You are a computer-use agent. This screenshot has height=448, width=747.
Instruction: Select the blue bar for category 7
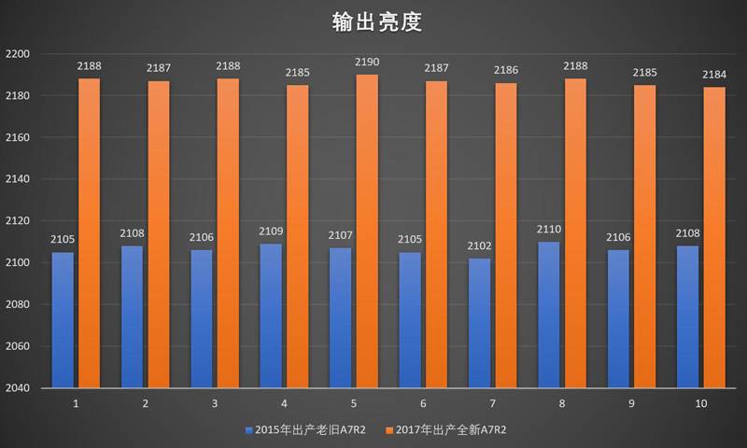coord(480,322)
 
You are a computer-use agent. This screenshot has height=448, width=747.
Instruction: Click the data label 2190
coord(367,63)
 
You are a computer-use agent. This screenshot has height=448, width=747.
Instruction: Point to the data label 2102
coord(480,246)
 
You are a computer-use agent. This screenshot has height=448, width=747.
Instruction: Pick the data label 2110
coord(550,230)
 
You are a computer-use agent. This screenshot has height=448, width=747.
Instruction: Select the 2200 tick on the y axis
coord(19,54)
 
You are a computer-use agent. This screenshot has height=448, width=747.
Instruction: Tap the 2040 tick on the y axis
coord(19,388)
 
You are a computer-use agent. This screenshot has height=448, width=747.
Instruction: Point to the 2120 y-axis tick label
coord(19,221)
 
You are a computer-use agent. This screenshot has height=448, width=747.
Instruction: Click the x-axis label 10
coord(702,403)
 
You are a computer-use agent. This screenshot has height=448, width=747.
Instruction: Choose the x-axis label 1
coord(76,403)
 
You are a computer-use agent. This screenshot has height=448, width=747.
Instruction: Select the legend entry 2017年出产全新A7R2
coord(450,430)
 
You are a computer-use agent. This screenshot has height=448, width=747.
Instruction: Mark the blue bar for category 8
coord(550,315)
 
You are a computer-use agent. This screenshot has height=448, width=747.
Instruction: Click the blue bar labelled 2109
coord(272,315)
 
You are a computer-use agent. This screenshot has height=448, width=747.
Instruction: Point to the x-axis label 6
coord(423,403)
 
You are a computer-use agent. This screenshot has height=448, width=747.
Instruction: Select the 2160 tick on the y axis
coord(19,137)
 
